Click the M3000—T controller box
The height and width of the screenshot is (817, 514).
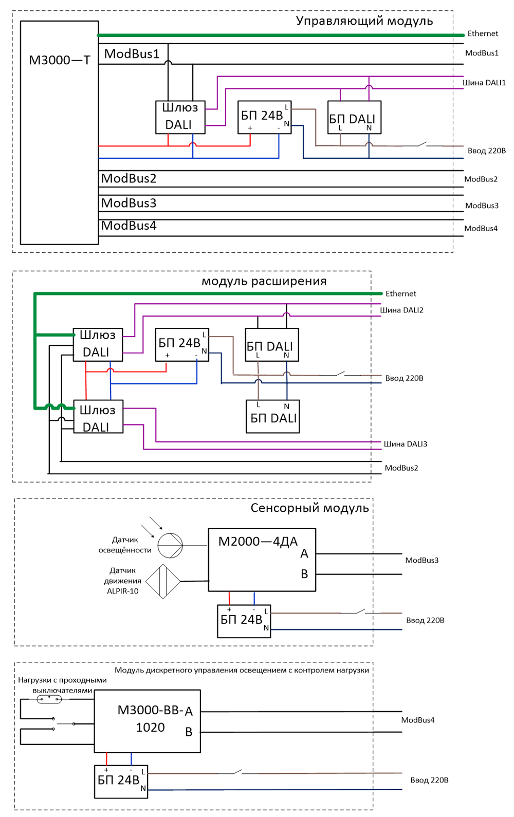click(x=59, y=133)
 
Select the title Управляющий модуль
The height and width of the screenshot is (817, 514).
click(x=364, y=21)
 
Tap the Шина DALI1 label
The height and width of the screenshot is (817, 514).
click(x=484, y=82)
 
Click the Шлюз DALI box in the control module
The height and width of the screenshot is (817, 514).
click(x=180, y=117)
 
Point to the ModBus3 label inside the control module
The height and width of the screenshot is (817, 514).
click(x=129, y=203)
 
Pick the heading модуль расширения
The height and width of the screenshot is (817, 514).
click(x=264, y=281)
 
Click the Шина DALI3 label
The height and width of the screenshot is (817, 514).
click(x=405, y=444)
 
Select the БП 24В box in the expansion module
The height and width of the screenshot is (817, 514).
click(x=182, y=345)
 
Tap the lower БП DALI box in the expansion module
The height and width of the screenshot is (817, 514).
click(x=273, y=417)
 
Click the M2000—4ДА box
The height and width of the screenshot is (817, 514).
click(x=262, y=560)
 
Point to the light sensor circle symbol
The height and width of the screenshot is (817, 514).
click(x=170, y=545)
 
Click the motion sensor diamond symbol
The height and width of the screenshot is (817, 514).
click(x=163, y=581)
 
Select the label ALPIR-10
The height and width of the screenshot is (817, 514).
click(x=122, y=591)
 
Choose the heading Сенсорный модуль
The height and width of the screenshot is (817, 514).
click(x=309, y=508)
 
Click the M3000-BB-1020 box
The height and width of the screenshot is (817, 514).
click(x=147, y=721)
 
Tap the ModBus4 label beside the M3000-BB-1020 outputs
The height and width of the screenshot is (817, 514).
click(x=417, y=720)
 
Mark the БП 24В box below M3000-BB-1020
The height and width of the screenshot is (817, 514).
click(x=121, y=781)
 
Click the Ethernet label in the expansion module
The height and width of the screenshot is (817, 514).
click(x=401, y=293)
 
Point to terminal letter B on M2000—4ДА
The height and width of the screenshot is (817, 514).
click(x=304, y=574)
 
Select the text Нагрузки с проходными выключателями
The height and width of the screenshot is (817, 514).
click(x=62, y=685)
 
